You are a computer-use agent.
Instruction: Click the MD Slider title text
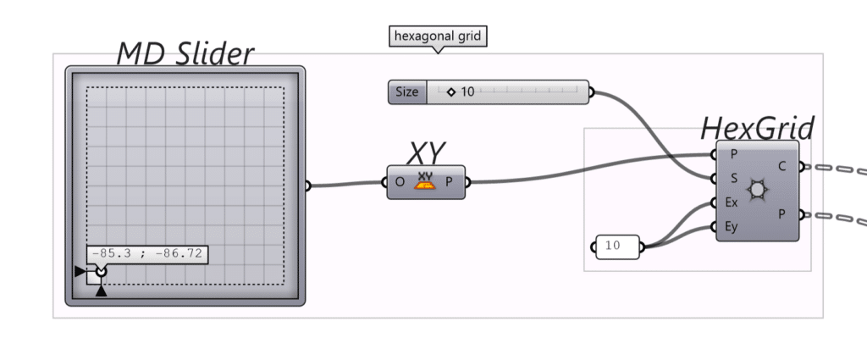click(x=185, y=54)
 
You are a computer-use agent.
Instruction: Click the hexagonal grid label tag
click(x=438, y=36)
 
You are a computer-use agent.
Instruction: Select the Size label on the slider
click(x=407, y=92)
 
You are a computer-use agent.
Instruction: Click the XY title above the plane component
click(x=427, y=153)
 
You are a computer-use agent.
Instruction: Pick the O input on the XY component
click(x=400, y=182)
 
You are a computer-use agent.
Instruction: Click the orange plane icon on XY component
click(x=425, y=181)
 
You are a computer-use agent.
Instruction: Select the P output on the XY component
click(x=450, y=182)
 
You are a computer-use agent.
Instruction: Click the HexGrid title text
click(x=757, y=129)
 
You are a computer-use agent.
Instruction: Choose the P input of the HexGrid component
click(x=733, y=155)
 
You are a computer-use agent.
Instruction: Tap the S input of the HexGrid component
click(x=733, y=179)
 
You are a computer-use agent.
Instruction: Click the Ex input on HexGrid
click(x=732, y=202)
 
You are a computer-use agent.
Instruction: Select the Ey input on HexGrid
click(x=732, y=226)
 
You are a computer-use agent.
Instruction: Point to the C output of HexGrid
click(x=781, y=167)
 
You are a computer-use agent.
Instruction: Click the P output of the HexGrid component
click(x=781, y=215)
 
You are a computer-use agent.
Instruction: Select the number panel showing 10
click(x=617, y=246)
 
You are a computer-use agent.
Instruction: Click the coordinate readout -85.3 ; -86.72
click(x=147, y=254)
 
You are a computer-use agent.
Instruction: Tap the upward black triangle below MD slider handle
click(x=102, y=291)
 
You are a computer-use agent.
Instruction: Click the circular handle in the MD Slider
click(x=102, y=271)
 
